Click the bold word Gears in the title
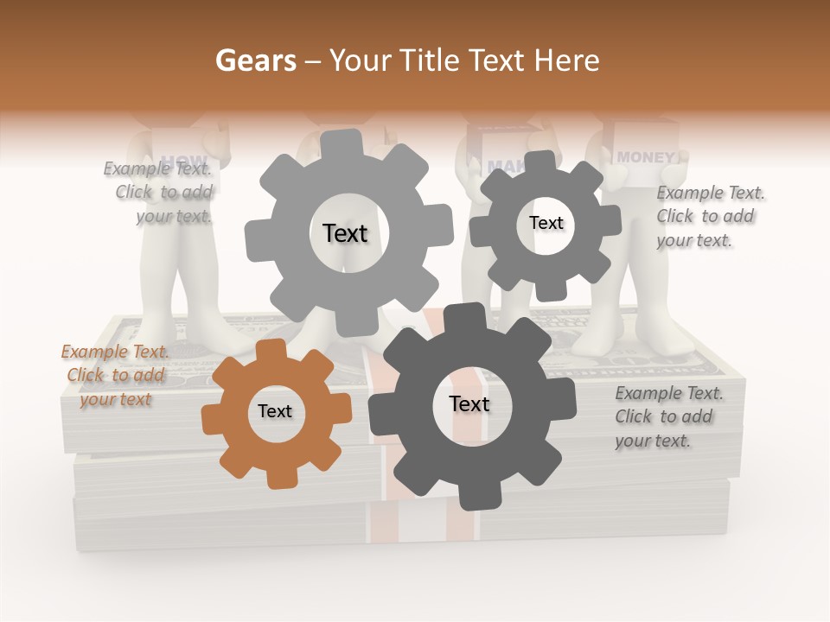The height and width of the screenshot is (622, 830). tap(255, 60)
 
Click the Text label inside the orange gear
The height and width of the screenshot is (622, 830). tap(275, 411)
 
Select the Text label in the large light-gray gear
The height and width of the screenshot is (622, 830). tap(345, 233)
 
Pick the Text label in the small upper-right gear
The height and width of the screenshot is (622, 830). tap(546, 223)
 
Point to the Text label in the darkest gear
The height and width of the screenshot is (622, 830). tap(469, 403)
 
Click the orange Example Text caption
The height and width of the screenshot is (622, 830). tap(115, 375)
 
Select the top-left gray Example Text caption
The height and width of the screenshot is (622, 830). tap(158, 192)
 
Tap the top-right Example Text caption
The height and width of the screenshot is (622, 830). tap(710, 216)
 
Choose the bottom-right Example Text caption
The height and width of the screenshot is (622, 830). tap(668, 416)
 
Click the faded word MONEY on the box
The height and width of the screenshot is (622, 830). tap(646, 157)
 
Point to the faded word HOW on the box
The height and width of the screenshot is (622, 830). tap(184, 161)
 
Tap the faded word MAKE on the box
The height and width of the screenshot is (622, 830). tap(506, 165)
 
